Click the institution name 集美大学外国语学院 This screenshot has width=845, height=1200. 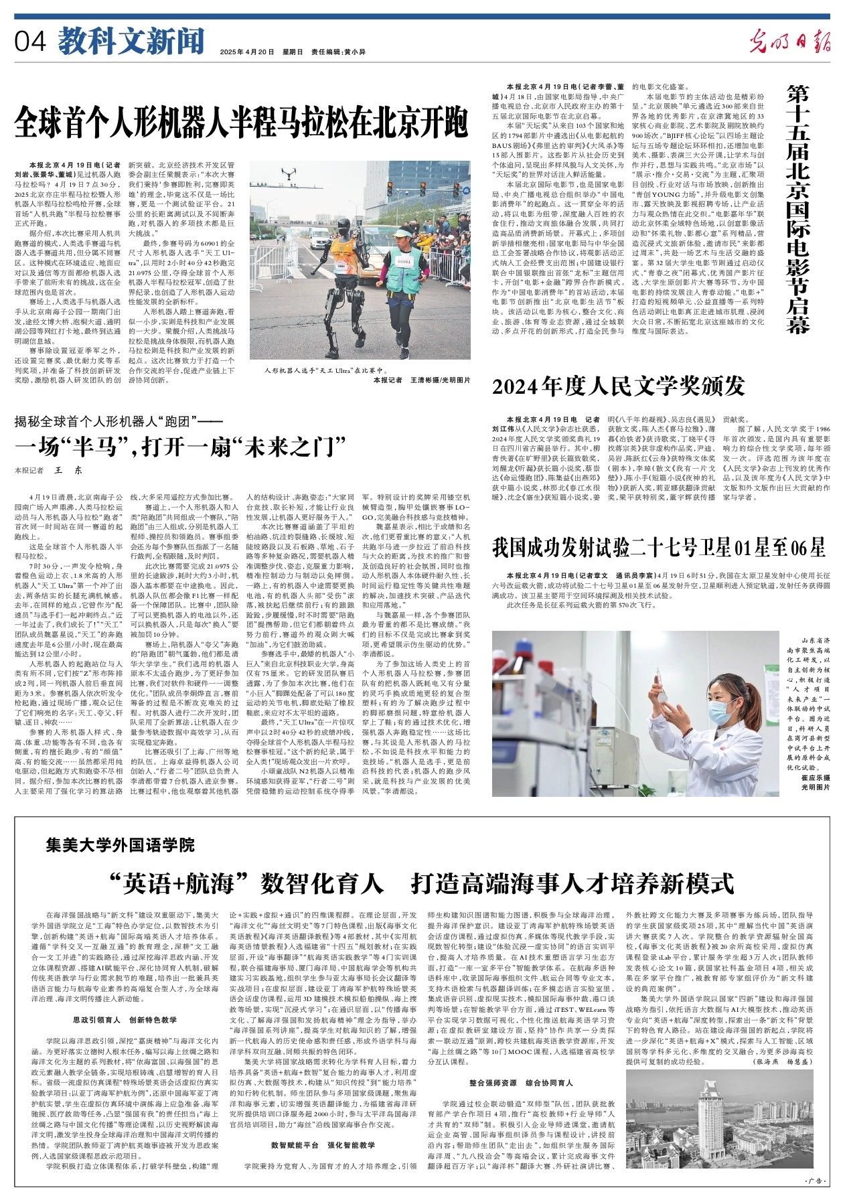click(x=121, y=844)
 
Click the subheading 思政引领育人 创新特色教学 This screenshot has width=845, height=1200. click(x=125, y=1020)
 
